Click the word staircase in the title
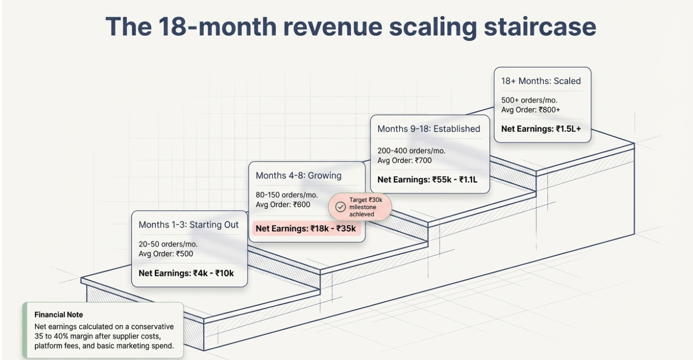[x=540, y=27]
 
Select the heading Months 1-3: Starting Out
[x=189, y=225]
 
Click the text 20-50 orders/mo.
[x=168, y=244]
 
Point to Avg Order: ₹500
[x=166, y=254]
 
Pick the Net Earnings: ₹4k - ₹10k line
[x=186, y=273]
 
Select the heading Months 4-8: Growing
[x=299, y=176]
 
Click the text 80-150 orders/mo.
[x=287, y=195]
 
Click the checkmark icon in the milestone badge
[x=341, y=207]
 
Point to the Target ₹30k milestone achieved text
[x=366, y=207]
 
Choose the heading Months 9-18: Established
[x=429, y=129]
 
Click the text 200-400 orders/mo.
[x=412, y=151]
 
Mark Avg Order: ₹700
[x=404, y=161]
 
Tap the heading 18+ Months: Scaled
[x=541, y=81]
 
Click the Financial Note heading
[x=59, y=314]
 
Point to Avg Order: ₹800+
[x=531, y=110]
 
